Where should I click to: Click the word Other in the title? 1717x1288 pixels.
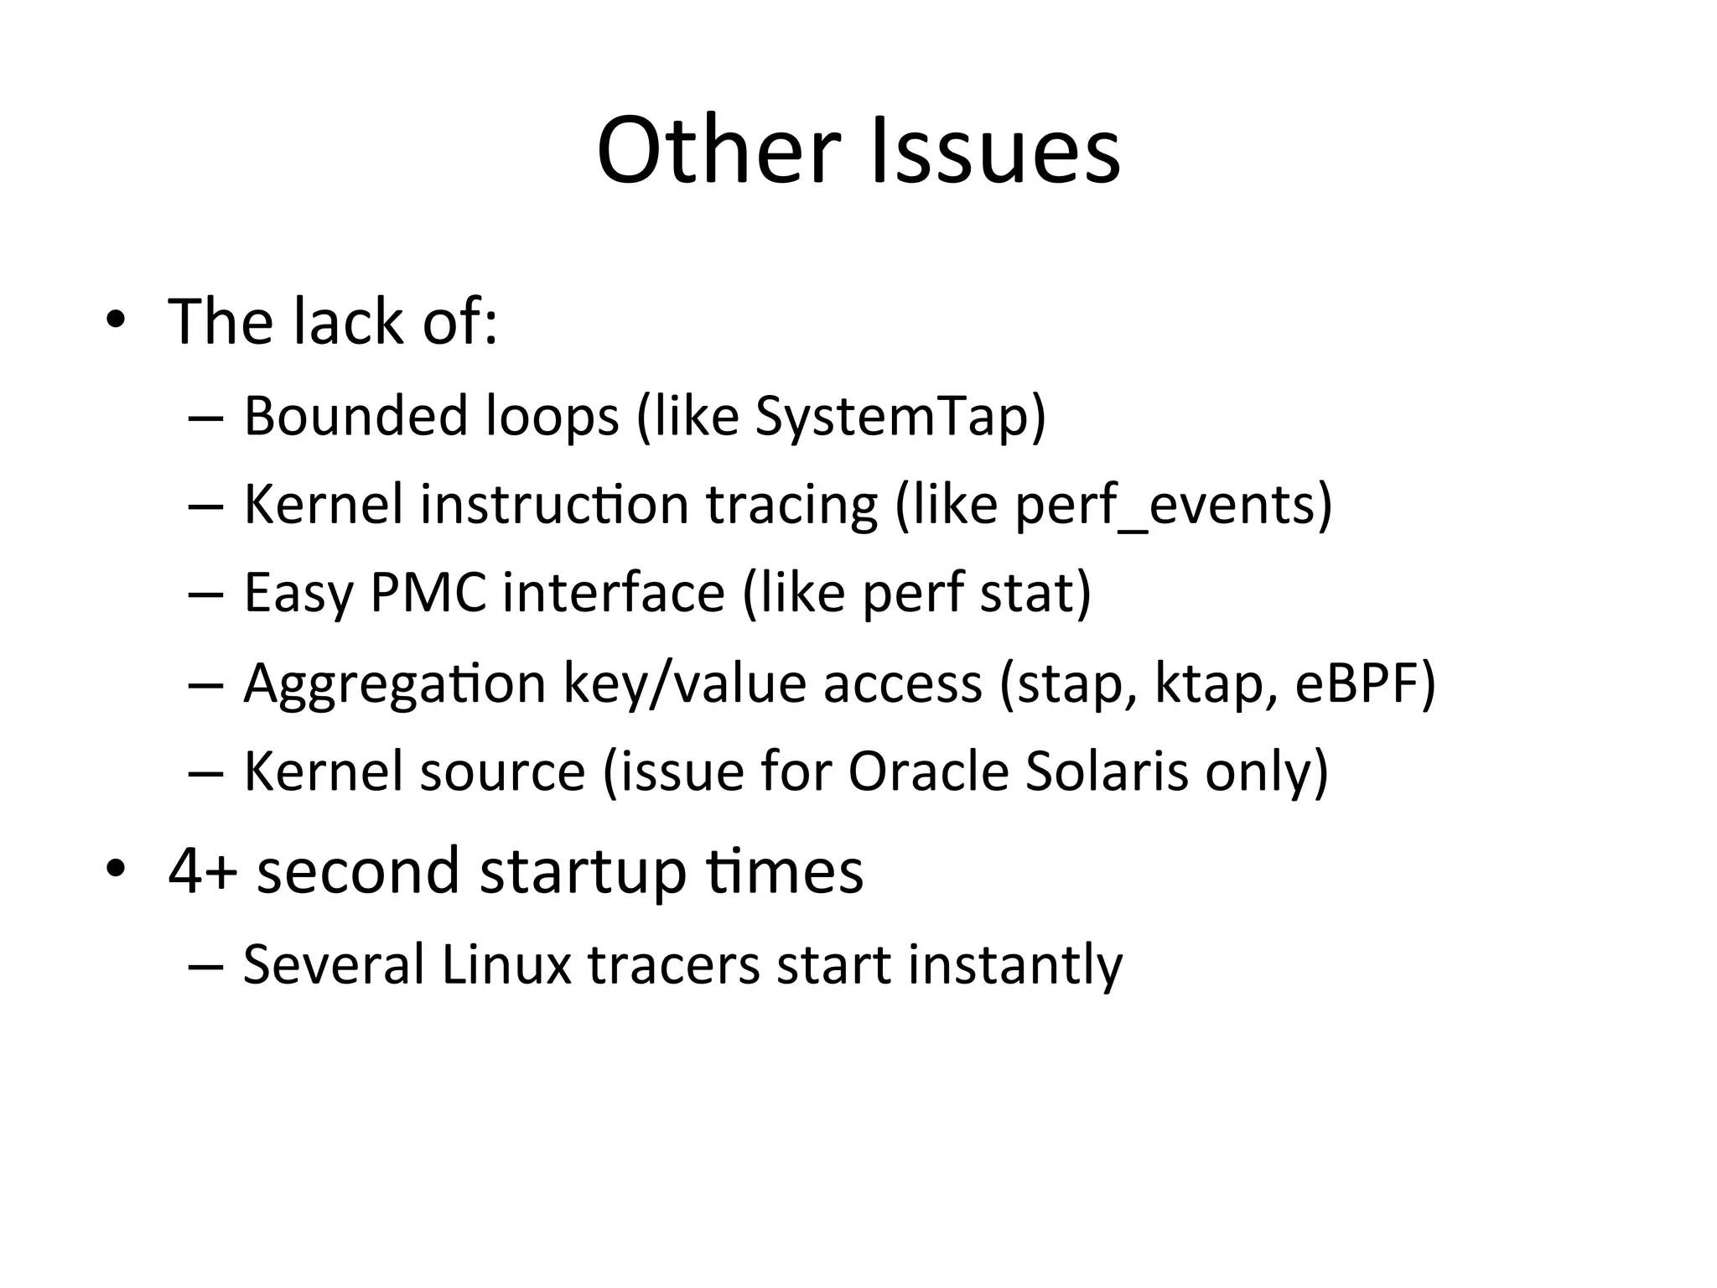(718, 151)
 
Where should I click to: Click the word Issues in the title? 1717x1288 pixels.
(995, 151)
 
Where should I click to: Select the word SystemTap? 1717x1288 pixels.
(891, 416)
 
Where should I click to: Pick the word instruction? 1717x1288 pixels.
(554, 505)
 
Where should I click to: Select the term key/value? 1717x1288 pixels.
(684, 684)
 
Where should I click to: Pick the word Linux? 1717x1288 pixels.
(506, 964)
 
